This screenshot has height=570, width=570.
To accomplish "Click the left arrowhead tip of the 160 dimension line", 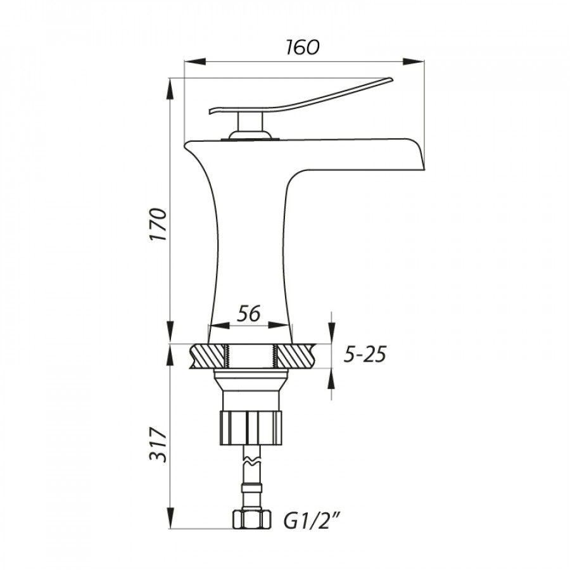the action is pos(185,61).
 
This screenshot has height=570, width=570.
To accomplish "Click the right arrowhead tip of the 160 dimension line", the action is pos(424,61).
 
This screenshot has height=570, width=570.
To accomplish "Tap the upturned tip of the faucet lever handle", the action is pos(392,78).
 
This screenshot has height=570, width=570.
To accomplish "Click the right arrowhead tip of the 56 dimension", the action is pos(292,325).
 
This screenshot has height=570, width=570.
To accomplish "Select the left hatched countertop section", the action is pos(207,356).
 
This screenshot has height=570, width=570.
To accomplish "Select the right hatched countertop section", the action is pos(296,356).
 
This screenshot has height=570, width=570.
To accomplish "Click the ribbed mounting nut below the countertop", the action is pos(251,428).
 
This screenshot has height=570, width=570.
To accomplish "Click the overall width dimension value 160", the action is pos(303,47).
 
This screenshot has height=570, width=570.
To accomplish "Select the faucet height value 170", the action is pos(158,224).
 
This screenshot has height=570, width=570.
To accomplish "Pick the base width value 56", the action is pos(249,313).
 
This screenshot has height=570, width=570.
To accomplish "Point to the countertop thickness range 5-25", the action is pos(364,355).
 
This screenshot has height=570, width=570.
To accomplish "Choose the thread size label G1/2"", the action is pos(312,520).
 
